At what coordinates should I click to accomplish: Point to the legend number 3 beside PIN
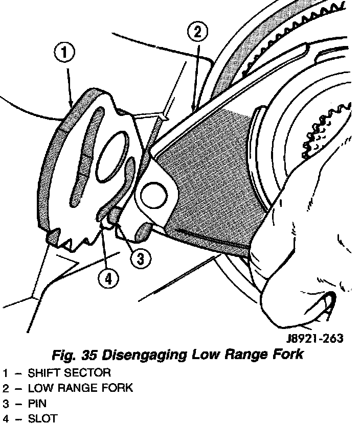5,404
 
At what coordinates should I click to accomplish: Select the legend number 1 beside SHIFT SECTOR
5,373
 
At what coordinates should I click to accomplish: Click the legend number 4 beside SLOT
5,419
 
